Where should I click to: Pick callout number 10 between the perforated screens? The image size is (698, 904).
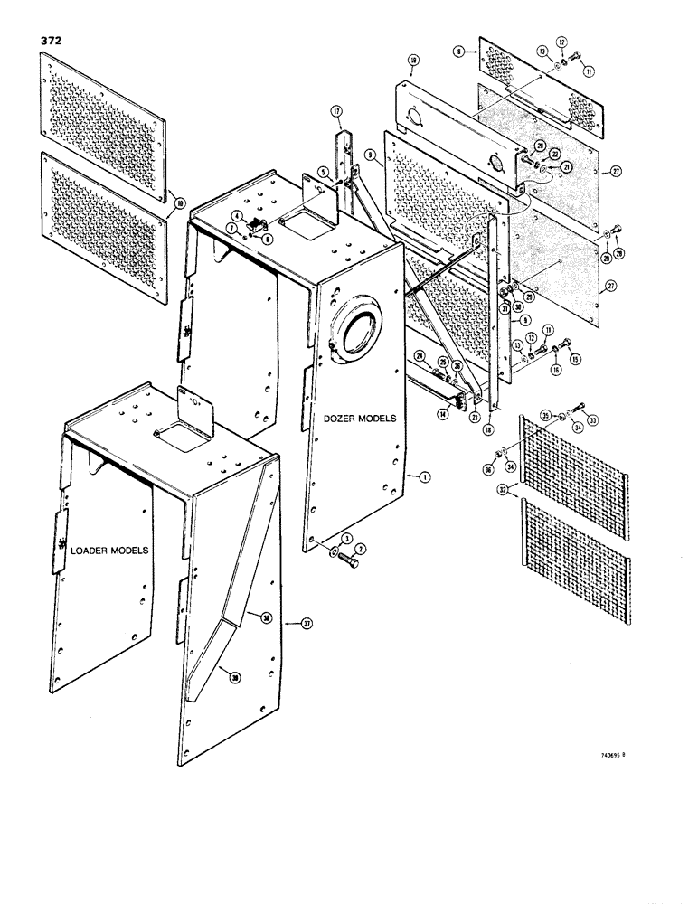pyautogui.click(x=179, y=202)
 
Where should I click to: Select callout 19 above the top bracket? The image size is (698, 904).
pyautogui.click(x=411, y=61)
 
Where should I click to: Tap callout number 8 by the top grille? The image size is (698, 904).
pyautogui.click(x=461, y=53)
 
